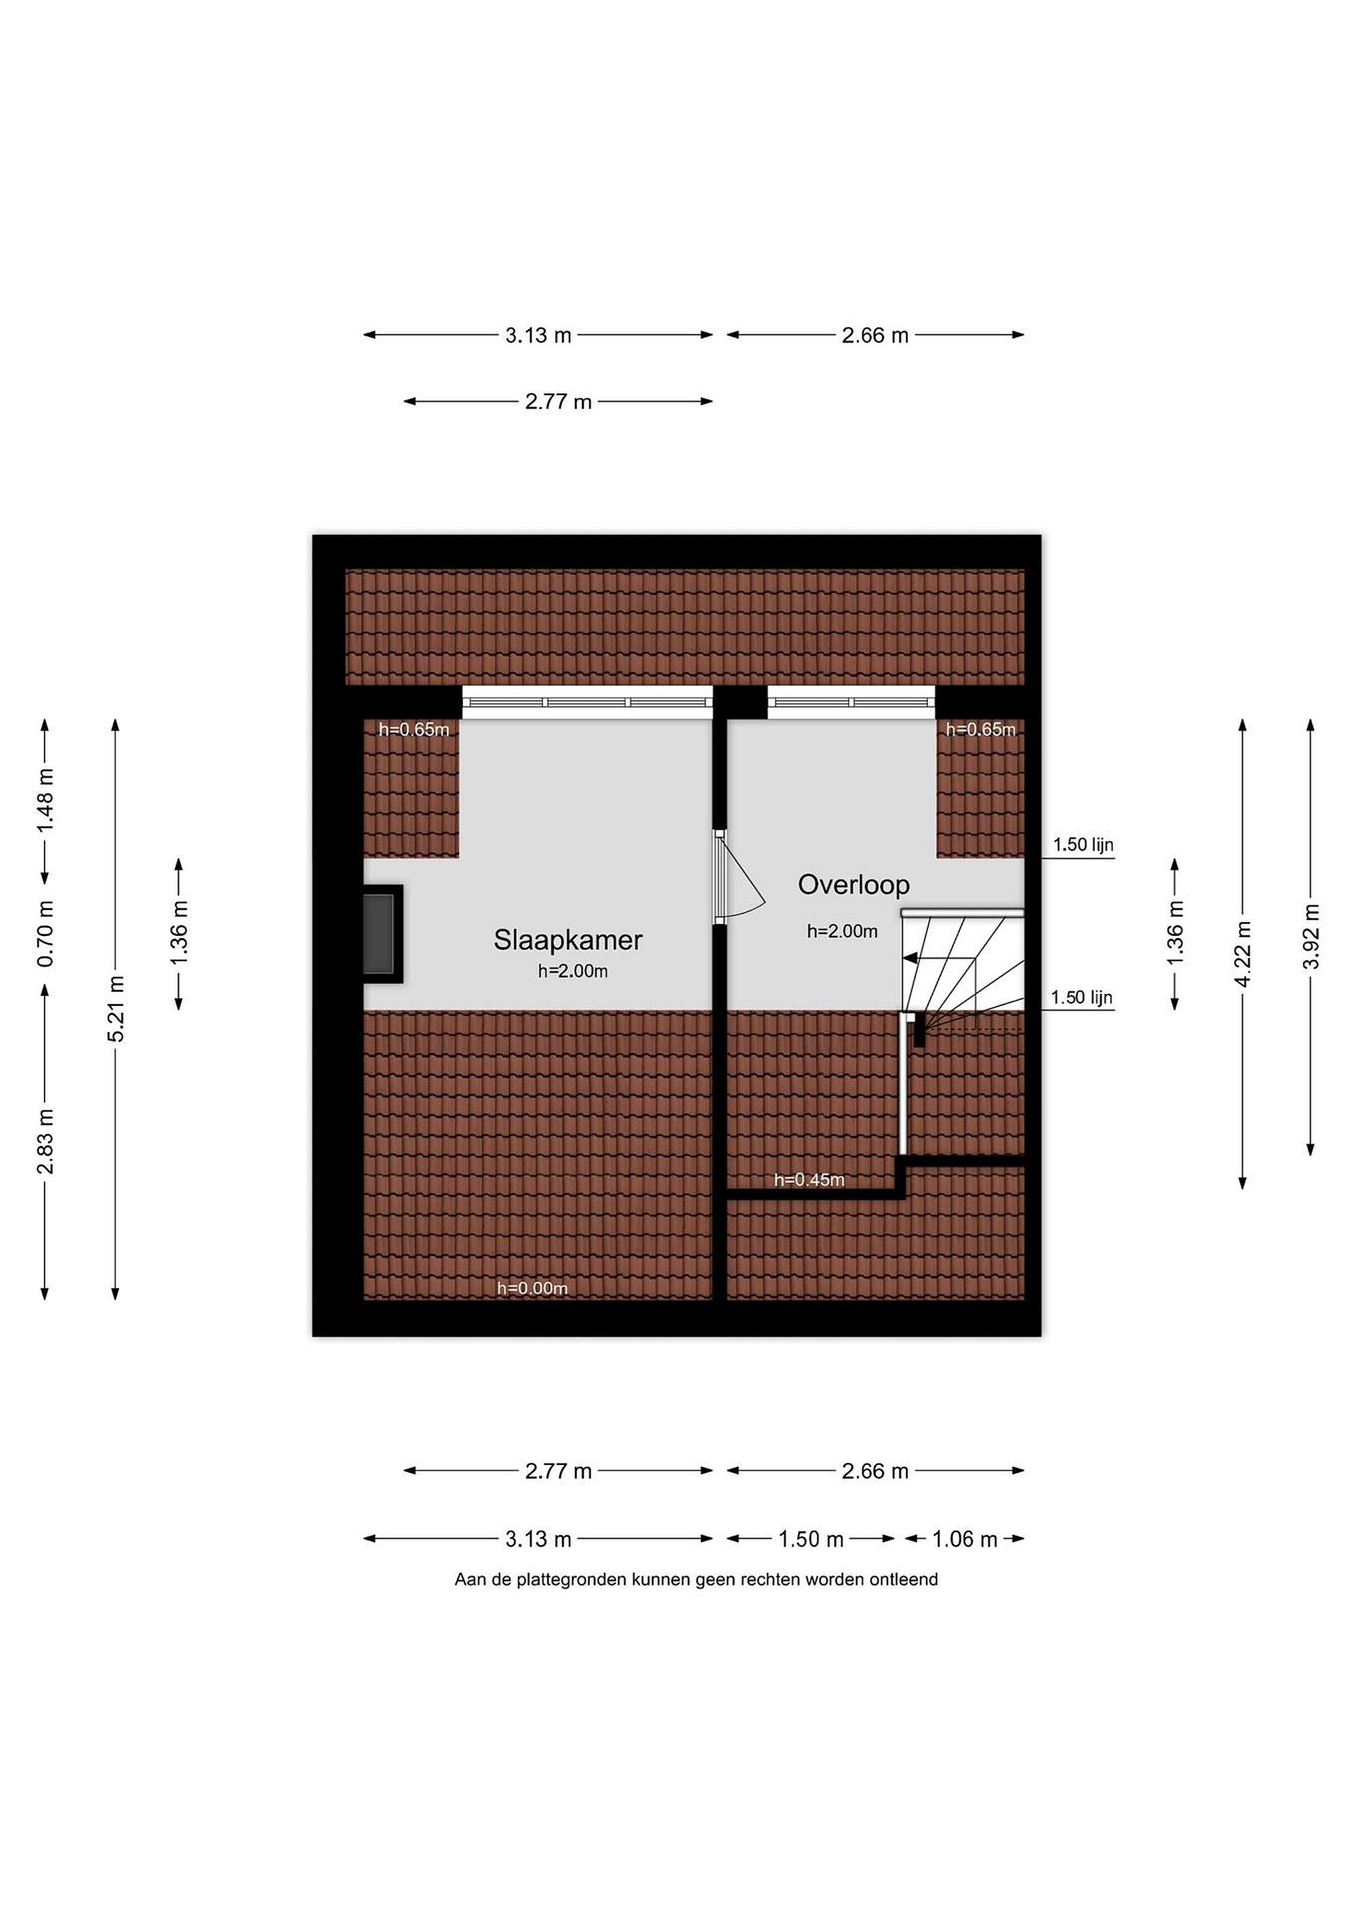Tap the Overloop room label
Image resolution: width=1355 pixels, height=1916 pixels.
853,885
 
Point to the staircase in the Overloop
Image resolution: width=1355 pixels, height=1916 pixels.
963,968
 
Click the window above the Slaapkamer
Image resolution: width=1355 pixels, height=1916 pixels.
587,702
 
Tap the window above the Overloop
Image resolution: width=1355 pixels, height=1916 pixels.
851,702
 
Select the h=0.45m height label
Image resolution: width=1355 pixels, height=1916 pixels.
810,1180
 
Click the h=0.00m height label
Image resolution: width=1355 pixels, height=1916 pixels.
532,1289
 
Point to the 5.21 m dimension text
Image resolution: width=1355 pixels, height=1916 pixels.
116,1009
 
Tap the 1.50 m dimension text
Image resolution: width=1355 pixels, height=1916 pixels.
811,1539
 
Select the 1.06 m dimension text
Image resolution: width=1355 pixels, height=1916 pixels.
965,1539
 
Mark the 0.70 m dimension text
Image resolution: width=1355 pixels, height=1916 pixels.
45,934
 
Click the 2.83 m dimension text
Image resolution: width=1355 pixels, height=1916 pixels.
45,1141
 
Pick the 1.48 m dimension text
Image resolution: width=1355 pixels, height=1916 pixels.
45,800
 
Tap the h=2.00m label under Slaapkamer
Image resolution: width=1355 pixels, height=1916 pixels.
572,971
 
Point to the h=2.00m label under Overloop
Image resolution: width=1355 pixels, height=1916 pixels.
842,931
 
